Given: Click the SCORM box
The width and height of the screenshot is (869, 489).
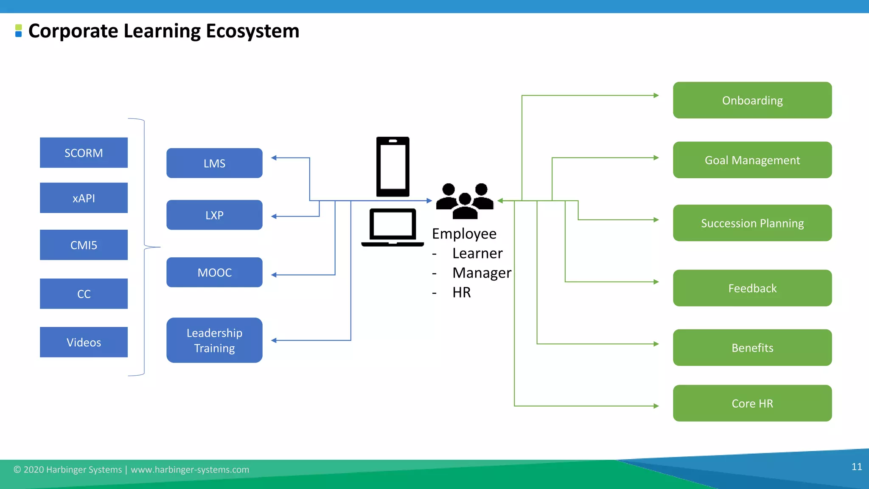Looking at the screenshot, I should tap(84, 153).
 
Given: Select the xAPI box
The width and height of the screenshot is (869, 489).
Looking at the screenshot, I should tap(84, 198).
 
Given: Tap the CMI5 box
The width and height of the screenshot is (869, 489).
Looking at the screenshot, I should tap(84, 245).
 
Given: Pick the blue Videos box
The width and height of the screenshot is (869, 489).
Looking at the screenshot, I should tap(84, 342).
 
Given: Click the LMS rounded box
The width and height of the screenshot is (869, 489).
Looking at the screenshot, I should tap(214, 163).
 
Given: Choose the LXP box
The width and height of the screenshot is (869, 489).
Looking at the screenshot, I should tap(214, 215).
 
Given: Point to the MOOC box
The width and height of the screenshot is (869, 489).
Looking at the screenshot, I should tap(214, 272).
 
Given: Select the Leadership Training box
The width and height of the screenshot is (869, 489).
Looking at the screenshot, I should tap(214, 340).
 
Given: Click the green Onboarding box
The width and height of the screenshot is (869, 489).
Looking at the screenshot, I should tap(752, 100).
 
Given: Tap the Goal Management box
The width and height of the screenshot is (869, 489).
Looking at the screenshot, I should tap(752, 160).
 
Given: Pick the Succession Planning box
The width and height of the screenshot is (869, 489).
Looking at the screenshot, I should tap(752, 223).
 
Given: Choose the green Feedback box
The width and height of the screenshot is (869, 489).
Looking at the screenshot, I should tap(752, 288).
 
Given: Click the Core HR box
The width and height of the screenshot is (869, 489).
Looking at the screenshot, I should tap(752, 403).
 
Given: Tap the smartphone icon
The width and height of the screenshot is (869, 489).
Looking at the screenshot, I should tap(393, 167).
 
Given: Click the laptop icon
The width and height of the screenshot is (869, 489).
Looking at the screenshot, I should tap(392, 228).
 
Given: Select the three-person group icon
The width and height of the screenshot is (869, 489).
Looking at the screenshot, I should tap(465, 201).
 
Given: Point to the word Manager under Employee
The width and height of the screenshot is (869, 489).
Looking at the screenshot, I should tap(482, 273).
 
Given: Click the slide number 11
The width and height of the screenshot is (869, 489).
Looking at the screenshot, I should tap(856, 467).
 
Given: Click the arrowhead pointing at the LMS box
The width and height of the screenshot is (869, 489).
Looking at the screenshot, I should tap(274, 158).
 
